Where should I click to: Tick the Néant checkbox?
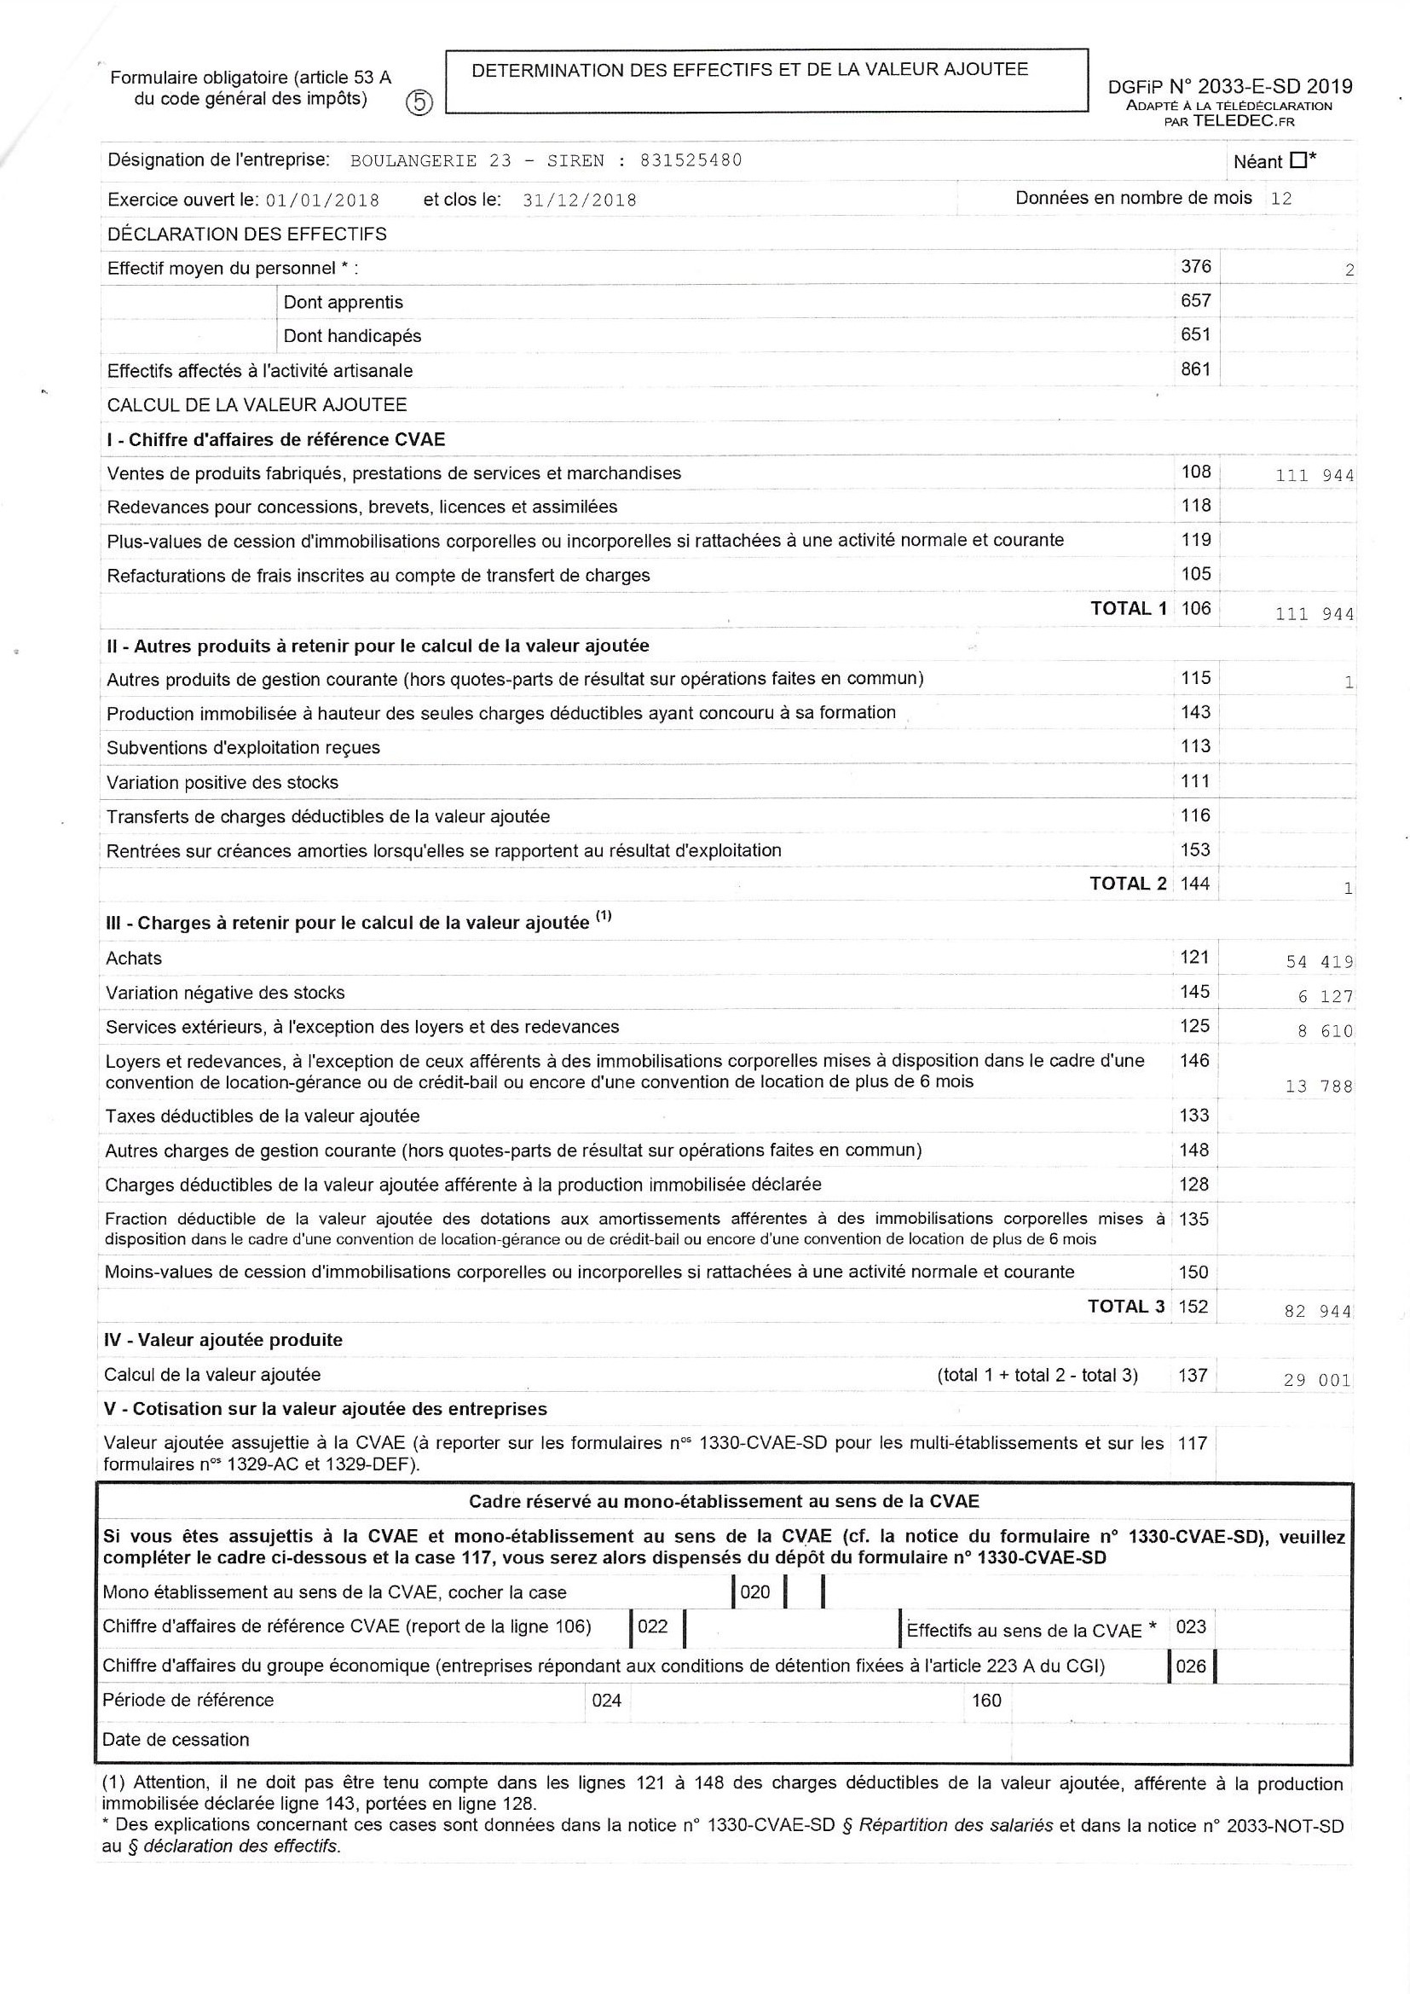pos(1299,159)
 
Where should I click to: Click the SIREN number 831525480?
pos(691,159)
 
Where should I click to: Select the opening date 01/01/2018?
pos(322,200)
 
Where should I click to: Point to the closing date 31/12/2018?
pos(580,200)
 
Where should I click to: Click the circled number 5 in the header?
pos(419,102)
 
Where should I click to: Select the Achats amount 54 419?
pos(1319,961)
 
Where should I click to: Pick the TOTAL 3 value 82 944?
pos(1318,1312)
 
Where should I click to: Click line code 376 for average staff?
pos(1195,267)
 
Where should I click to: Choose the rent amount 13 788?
pos(1318,1086)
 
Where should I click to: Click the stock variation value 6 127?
pos(1325,996)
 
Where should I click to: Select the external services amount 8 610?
pos(1325,1031)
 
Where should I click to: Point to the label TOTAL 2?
pos(1128,884)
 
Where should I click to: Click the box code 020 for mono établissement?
pos(754,1592)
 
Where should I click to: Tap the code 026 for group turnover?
pos(1190,1666)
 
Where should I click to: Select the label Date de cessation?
pos(176,1739)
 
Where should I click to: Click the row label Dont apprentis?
pos(343,302)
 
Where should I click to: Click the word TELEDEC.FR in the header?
pos(1243,121)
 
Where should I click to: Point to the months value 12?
pos(1280,198)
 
